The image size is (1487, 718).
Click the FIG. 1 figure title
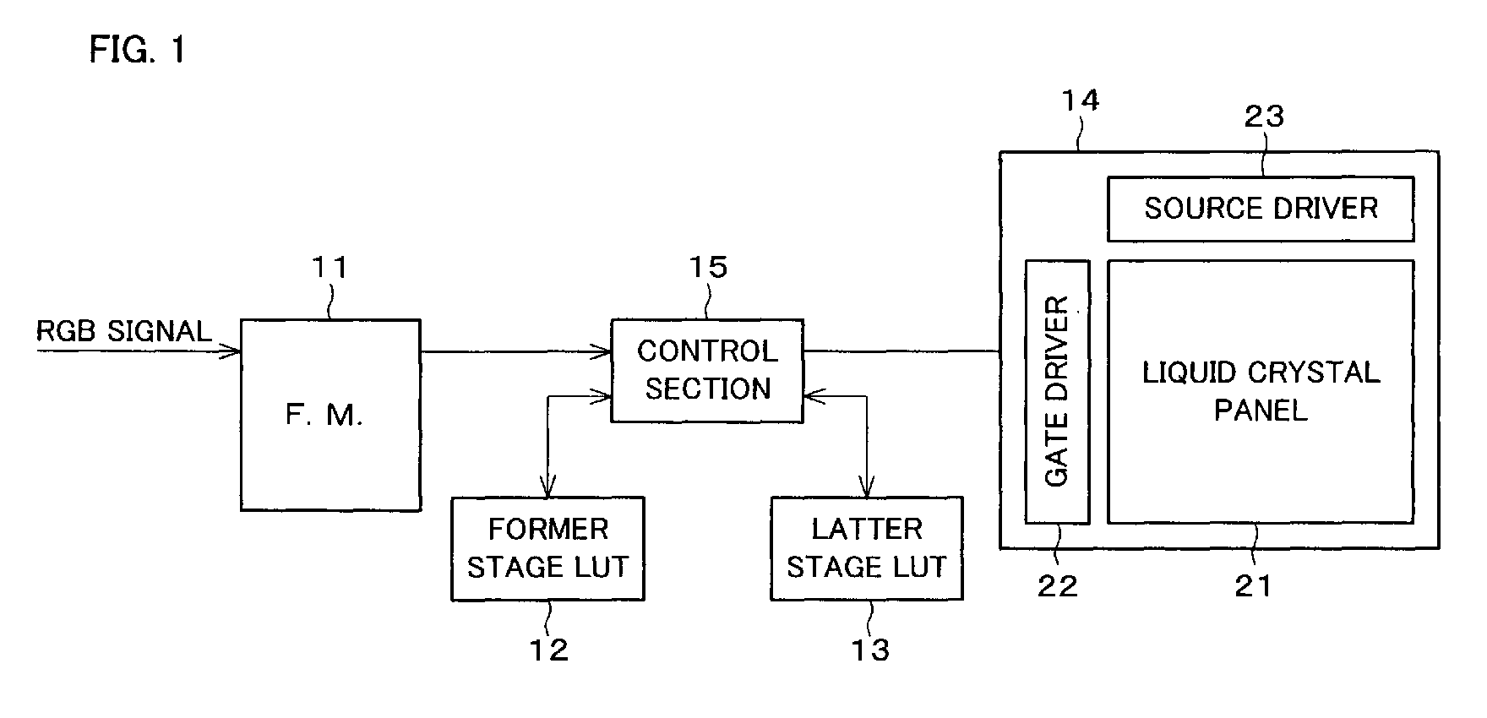[x=137, y=51]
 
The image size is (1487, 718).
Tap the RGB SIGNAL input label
[x=124, y=331]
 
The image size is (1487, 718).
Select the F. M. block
[x=330, y=414]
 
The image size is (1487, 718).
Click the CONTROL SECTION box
[x=707, y=371]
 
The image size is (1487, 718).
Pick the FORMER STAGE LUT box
[x=547, y=548]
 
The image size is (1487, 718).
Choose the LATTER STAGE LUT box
[x=867, y=548]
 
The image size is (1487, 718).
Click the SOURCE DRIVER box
[x=1260, y=209]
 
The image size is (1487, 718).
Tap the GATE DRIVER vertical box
[x=1057, y=391]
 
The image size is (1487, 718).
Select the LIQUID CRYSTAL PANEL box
[x=1260, y=391]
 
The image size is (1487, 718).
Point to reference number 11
[x=330, y=268]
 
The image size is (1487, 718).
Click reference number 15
[x=708, y=268]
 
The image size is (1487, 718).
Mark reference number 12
[x=548, y=650]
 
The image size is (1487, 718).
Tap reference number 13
[x=869, y=650]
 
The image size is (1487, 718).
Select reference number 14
[x=1081, y=101]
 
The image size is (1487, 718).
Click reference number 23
[x=1264, y=116]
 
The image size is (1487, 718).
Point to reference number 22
[x=1058, y=585]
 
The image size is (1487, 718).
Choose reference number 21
[x=1253, y=585]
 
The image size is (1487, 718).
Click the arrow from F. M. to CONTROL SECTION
[x=515, y=350]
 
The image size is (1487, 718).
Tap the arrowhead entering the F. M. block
[x=232, y=351]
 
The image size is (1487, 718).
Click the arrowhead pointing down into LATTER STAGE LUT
[x=866, y=488]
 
